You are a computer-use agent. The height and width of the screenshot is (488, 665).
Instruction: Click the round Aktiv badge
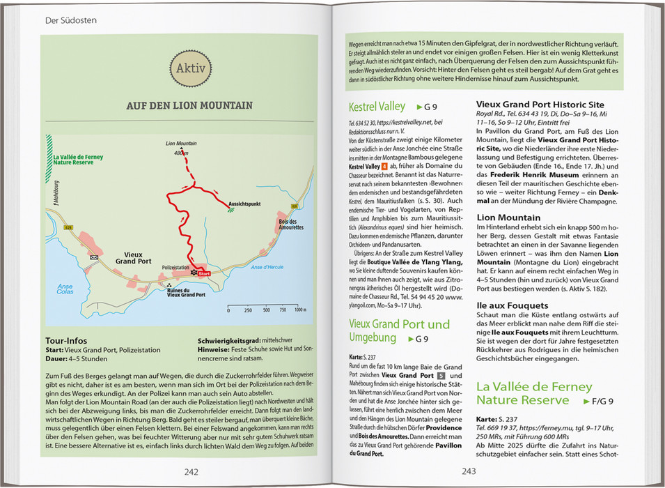coord(189,70)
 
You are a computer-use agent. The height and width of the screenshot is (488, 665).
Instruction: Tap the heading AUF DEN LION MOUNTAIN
coord(189,106)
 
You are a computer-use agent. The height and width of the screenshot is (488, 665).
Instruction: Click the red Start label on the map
coord(203,275)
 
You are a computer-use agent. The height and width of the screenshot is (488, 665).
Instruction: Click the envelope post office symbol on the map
coord(94,257)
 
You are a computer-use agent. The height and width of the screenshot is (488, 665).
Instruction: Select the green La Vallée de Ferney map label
coord(78,160)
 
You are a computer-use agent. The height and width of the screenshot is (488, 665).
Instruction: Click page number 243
coord(469,472)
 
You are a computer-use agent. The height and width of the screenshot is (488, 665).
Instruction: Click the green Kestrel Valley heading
coord(377,107)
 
